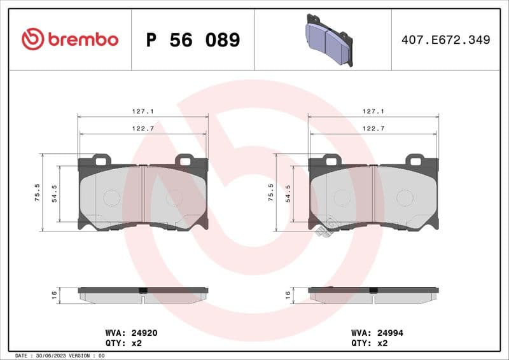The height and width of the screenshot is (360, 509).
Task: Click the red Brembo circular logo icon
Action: [x=32, y=39]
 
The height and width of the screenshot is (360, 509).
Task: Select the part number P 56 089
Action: [x=193, y=40]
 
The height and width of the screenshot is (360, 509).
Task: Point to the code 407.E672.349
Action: [x=445, y=40]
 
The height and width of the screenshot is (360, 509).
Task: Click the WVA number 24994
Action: [x=390, y=333]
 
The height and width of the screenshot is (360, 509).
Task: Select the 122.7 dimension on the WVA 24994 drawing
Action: [x=373, y=128]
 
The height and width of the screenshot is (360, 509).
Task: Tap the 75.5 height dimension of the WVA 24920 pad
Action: [x=38, y=192]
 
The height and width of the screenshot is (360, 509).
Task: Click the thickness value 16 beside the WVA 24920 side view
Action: [x=55, y=294]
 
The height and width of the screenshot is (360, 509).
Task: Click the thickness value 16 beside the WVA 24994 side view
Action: [x=288, y=294]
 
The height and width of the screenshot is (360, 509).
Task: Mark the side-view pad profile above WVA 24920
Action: [x=143, y=294]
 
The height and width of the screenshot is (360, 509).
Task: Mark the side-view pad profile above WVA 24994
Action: [x=373, y=294]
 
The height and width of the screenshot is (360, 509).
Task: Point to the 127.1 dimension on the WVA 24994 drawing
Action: [x=373, y=111]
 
